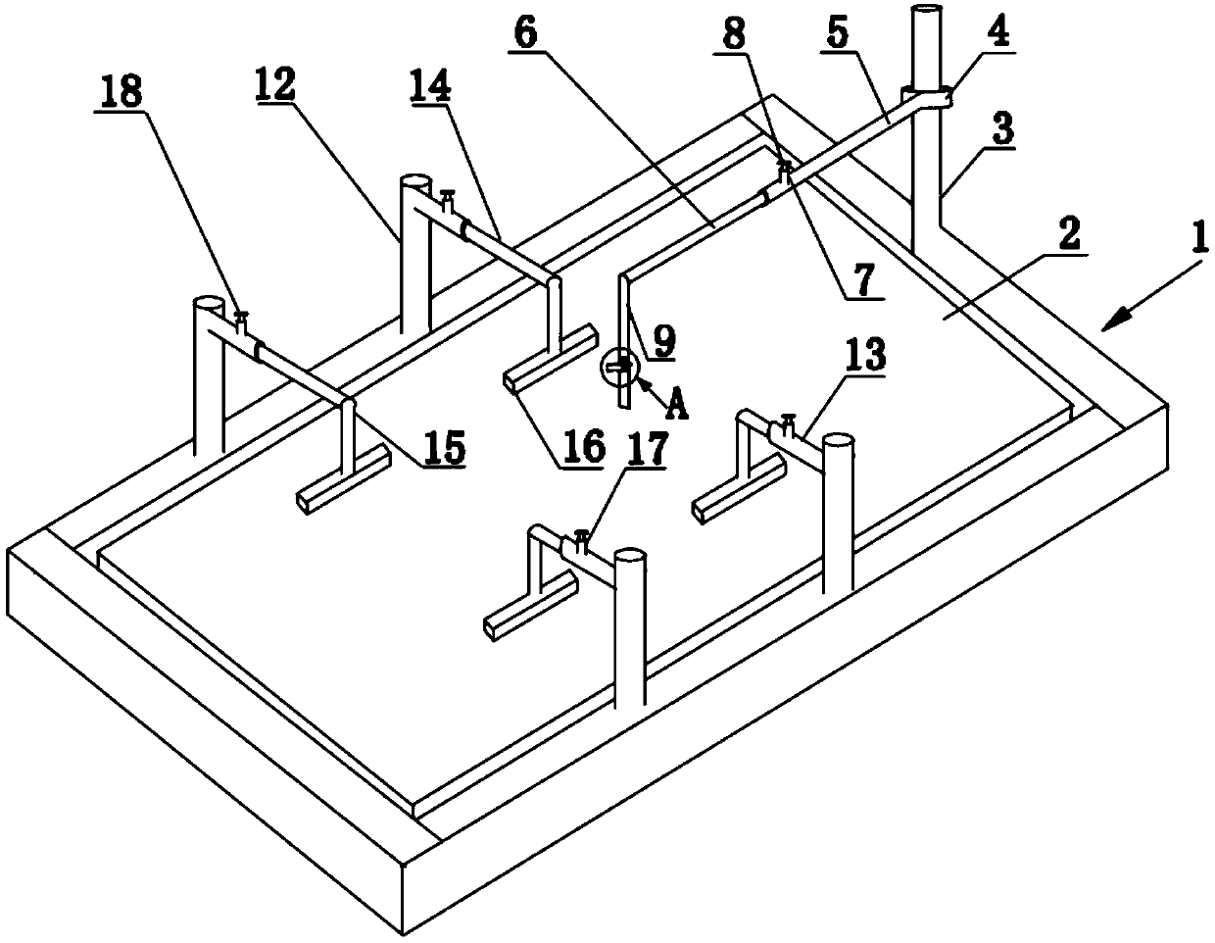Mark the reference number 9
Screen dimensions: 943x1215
pos(663,340)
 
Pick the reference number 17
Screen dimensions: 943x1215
pos(650,449)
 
